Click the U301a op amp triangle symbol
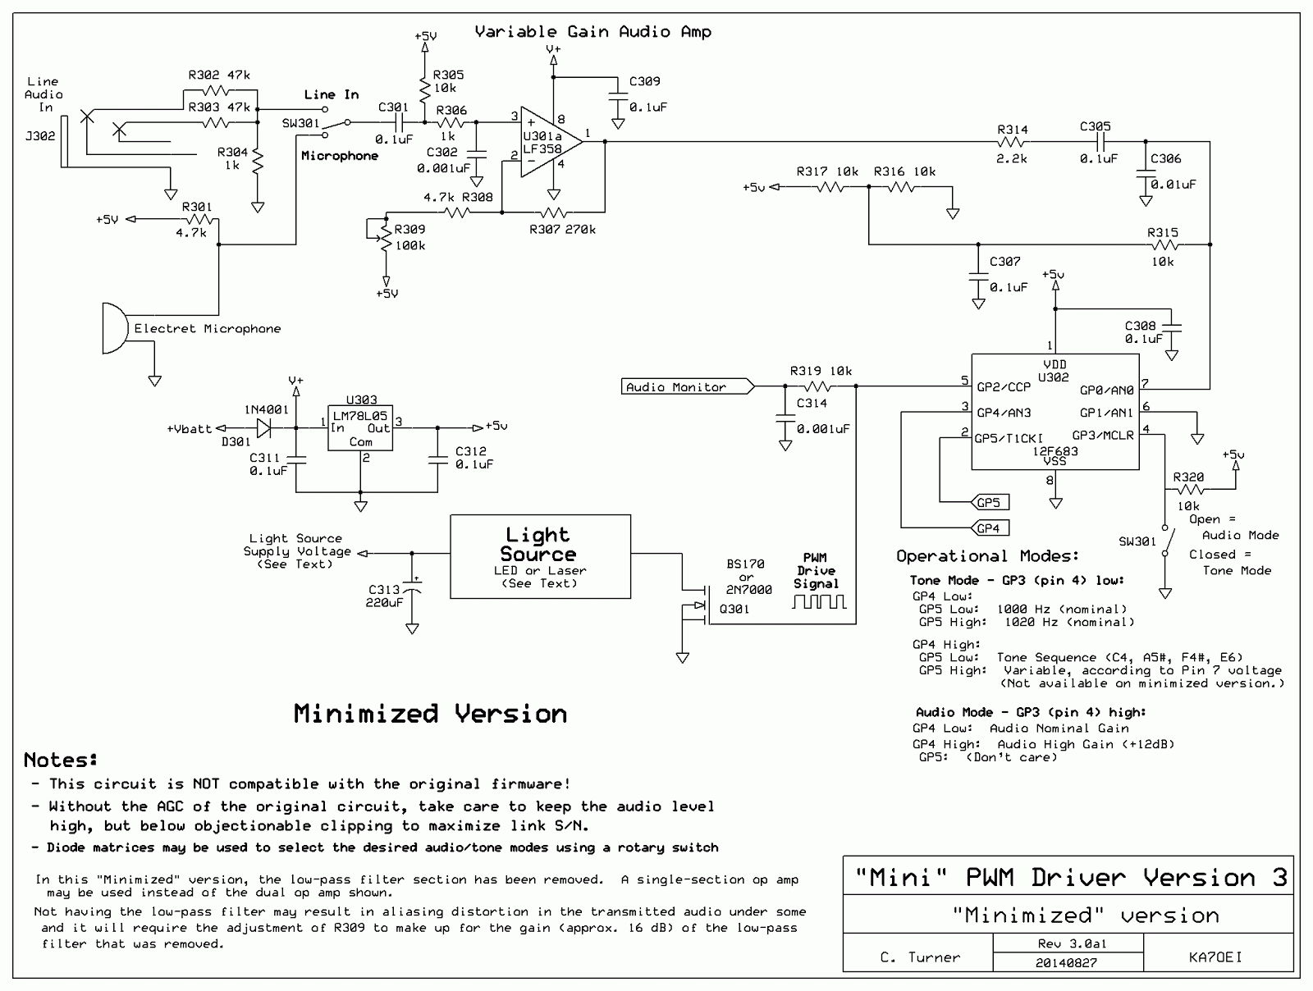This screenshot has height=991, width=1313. pyautogui.click(x=551, y=142)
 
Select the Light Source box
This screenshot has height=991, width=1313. pyautogui.click(x=540, y=556)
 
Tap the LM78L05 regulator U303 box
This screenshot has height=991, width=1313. pyautogui.click(x=360, y=428)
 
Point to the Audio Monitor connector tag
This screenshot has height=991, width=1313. pyautogui.click(x=688, y=386)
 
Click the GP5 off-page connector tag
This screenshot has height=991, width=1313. pyautogui.click(x=990, y=502)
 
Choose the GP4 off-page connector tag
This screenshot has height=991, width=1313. pyautogui.click(x=990, y=527)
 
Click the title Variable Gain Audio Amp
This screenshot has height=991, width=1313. pyautogui.click(x=592, y=32)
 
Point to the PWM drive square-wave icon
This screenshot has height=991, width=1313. pyautogui.click(x=819, y=601)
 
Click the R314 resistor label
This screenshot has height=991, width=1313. pyautogui.click(x=1012, y=129)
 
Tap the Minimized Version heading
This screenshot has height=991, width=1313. pyautogui.click(x=430, y=714)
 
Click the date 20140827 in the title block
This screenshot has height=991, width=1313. pyautogui.click(x=1066, y=963)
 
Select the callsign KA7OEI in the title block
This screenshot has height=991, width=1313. pyautogui.click(x=1215, y=957)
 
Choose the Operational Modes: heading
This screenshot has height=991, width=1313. pyautogui.click(x=987, y=556)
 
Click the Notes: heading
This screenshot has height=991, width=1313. pyautogui.click(x=61, y=760)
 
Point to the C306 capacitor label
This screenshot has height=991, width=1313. pyautogui.click(x=1166, y=158)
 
